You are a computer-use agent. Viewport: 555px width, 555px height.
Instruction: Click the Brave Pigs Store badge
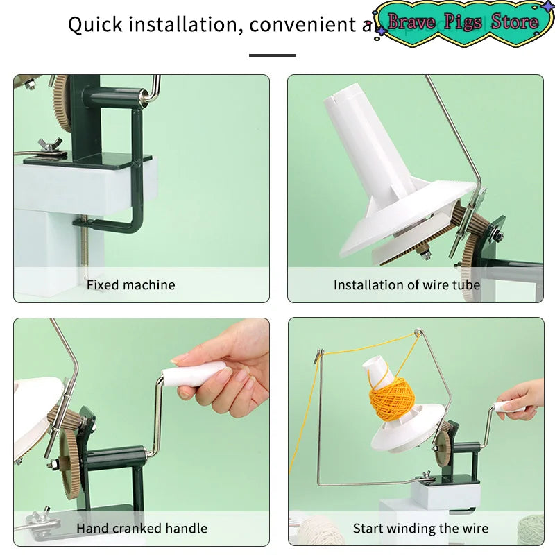[463, 22]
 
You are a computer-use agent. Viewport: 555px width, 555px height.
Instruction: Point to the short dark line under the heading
[272, 55]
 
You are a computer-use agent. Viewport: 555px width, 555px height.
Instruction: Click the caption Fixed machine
[130, 284]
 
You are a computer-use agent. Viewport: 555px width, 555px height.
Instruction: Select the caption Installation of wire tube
[407, 284]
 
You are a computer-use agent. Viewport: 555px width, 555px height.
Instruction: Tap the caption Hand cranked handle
[142, 529]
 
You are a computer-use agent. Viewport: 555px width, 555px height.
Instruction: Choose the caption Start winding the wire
[420, 529]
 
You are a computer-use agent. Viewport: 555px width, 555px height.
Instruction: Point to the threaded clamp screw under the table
[85, 246]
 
